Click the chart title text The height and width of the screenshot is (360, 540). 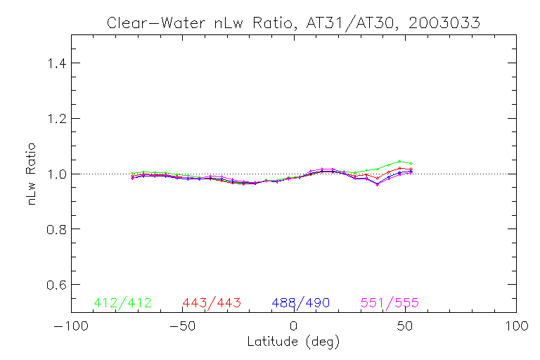(x=293, y=22)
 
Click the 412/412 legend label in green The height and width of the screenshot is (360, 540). (x=122, y=303)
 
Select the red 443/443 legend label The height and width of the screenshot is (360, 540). (x=212, y=303)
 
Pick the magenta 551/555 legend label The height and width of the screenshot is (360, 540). (x=390, y=303)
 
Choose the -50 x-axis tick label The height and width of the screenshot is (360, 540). (x=182, y=327)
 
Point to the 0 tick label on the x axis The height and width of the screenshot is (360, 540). (x=294, y=327)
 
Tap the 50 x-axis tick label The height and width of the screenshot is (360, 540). (x=406, y=327)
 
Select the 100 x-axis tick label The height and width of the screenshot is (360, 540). (x=517, y=327)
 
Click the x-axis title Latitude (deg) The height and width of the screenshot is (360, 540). (x=293, y=342)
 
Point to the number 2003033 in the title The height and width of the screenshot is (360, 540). (x=446, y=22)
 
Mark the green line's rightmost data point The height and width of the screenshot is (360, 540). (x=411, y=163)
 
